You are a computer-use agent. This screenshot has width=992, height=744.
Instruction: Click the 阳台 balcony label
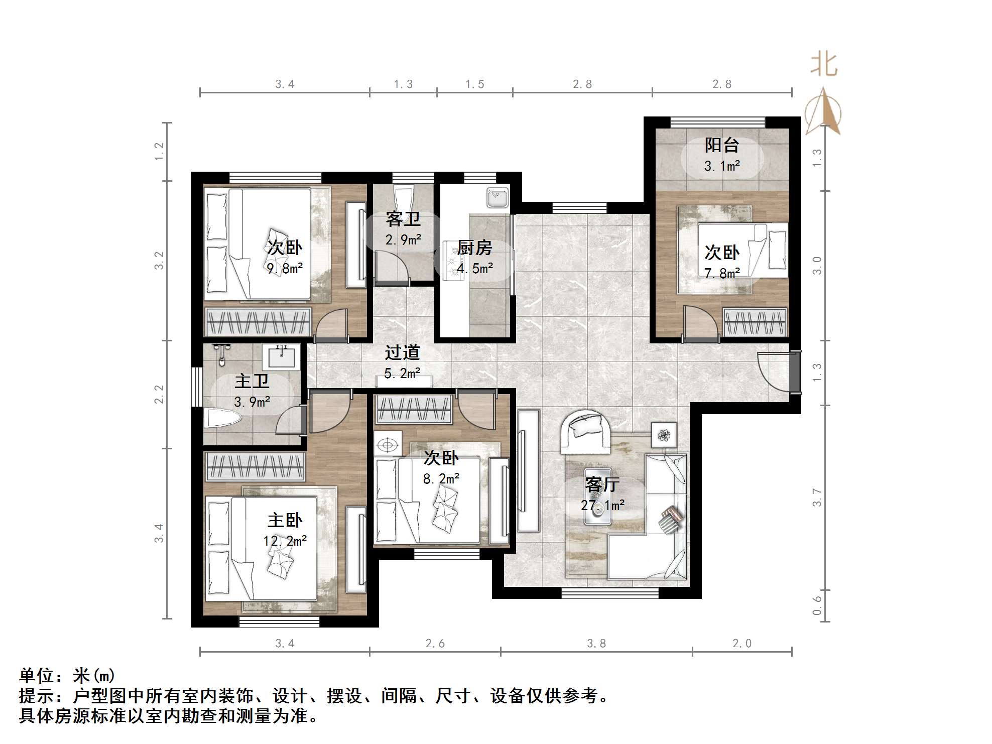(x=721, y=145)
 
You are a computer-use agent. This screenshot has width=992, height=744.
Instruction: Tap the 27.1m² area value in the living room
(x=602, y=505)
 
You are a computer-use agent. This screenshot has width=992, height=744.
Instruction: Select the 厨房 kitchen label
(x=474, y=247)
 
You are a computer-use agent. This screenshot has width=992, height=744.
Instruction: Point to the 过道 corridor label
(x=402, y=352)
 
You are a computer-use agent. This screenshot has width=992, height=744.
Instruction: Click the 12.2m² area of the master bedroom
(x=285, y=541)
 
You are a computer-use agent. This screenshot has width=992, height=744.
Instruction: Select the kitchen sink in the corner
(x=497, y=196)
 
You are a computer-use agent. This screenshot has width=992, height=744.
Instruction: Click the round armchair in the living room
(x=585, y=430)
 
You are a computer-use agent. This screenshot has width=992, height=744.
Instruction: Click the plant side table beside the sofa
(x=664, y=435)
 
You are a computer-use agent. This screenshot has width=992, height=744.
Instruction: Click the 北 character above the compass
(x=824, y=65)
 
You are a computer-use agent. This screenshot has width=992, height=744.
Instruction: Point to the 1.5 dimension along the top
(x=474, y=84)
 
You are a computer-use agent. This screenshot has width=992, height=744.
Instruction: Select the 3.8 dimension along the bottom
(x=596, y=644)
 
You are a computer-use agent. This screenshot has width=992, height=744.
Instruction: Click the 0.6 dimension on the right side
(x=817, y=605)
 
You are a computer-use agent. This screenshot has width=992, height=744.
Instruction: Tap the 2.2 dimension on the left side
(x=159, y=394)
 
